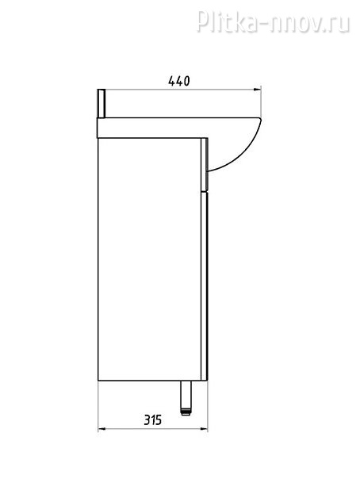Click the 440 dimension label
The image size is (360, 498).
[178, 81]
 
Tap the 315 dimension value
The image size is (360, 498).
[153, 419]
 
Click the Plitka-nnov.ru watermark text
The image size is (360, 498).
[273, 21]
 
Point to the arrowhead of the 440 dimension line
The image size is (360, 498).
[257, 90]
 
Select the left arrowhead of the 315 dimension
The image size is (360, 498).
[102, 430]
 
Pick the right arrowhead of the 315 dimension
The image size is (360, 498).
[204, 430]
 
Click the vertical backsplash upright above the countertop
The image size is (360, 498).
[101, 104]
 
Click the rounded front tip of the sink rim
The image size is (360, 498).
[260, 120]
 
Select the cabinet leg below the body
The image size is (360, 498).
[186, 397]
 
